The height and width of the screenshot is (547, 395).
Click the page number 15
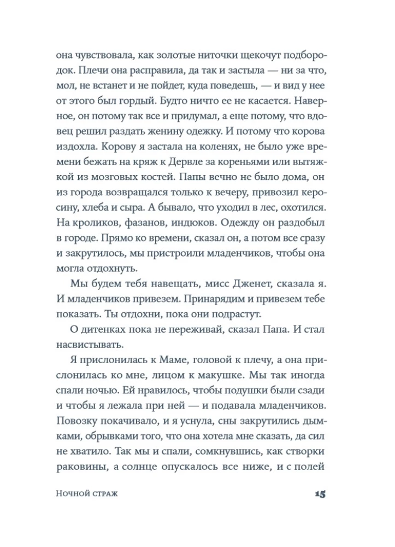(320, 494)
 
